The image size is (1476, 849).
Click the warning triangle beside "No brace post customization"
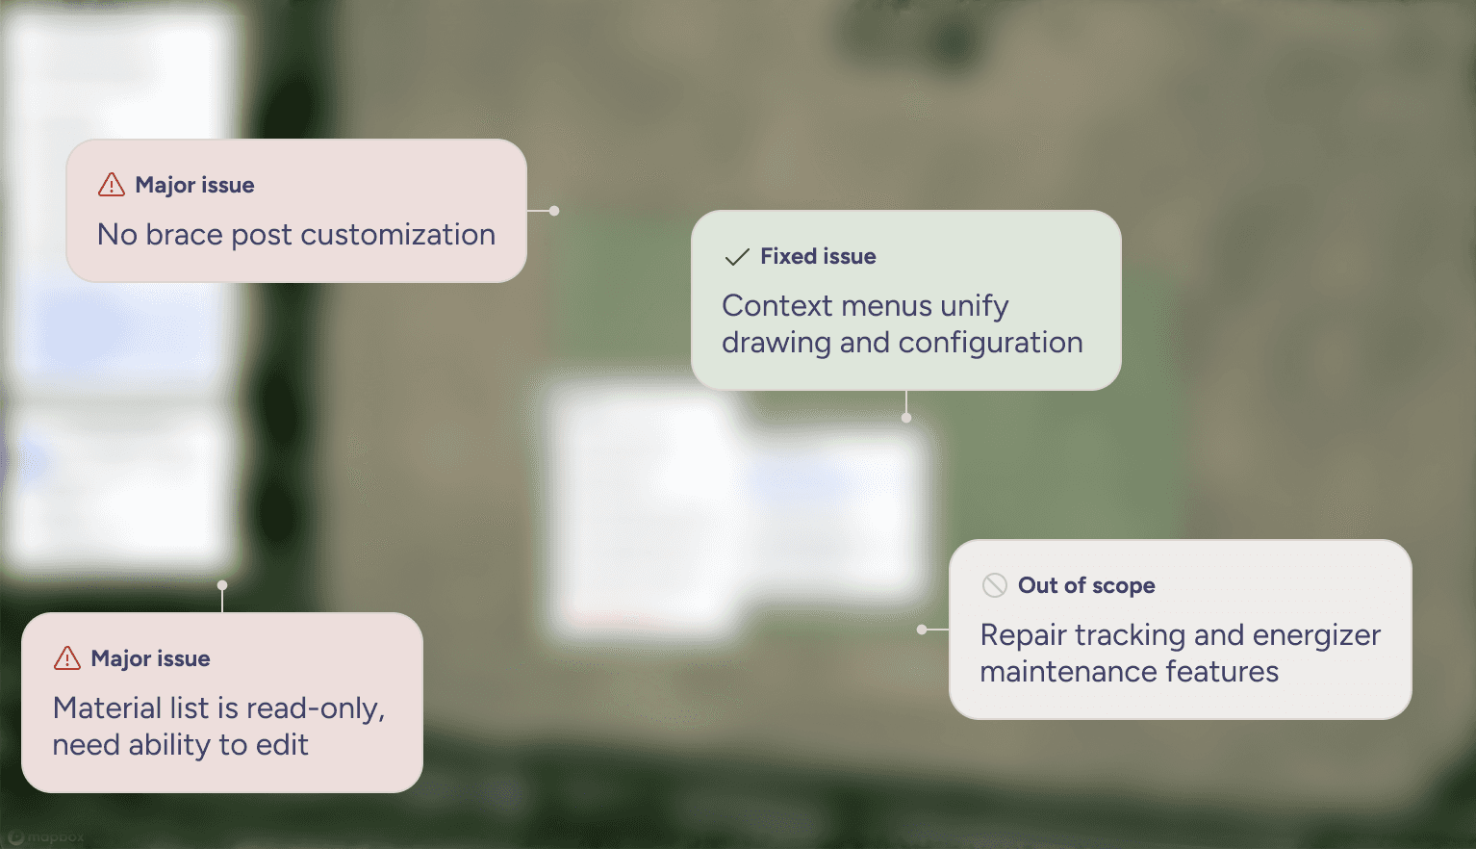112,185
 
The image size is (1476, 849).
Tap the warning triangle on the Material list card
67,658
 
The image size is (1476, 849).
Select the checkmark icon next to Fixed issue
737,257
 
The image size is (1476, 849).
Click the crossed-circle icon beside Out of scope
994,585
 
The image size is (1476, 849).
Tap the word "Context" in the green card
777,306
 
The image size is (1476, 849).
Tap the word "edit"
282,745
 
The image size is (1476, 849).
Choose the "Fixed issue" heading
818,256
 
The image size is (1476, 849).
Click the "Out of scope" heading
1086,585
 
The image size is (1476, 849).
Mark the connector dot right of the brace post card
554,211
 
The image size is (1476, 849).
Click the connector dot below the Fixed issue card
906,418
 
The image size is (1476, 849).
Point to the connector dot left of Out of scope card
922,630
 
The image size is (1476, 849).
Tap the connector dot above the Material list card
222,585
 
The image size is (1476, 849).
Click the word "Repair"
1022,635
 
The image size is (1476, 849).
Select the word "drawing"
776,343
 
